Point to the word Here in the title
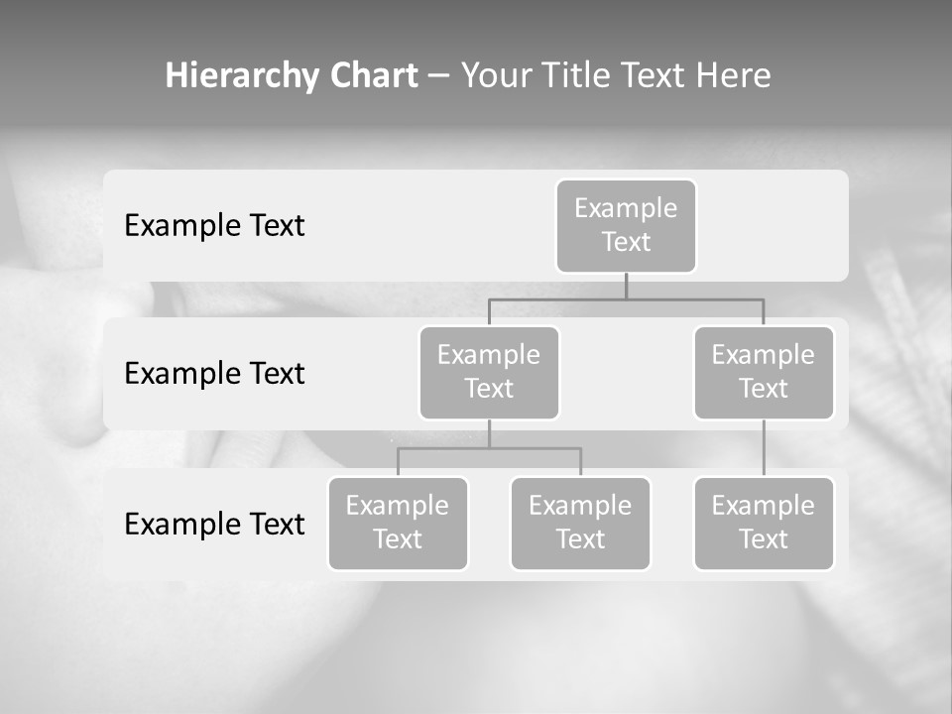(x=734, y=76)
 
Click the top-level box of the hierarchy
(x=626, y=225)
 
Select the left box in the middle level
(x=489, y=372)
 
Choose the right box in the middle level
(x=764, y=372)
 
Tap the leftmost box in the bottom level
(x=398, y=523)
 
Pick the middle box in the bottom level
(x=580, y=523)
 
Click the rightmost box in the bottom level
(x=764, y=523)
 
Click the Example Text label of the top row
(x=214, y=226)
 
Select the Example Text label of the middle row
(x=214, y=374)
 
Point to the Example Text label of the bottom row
(x=214, y=524)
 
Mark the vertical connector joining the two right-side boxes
(x=764, y=448)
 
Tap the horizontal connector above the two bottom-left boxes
(x=489, y=448)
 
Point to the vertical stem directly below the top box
(x=626, y=287)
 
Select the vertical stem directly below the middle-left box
(x=489, y=433)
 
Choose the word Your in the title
(x=495, y=76)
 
